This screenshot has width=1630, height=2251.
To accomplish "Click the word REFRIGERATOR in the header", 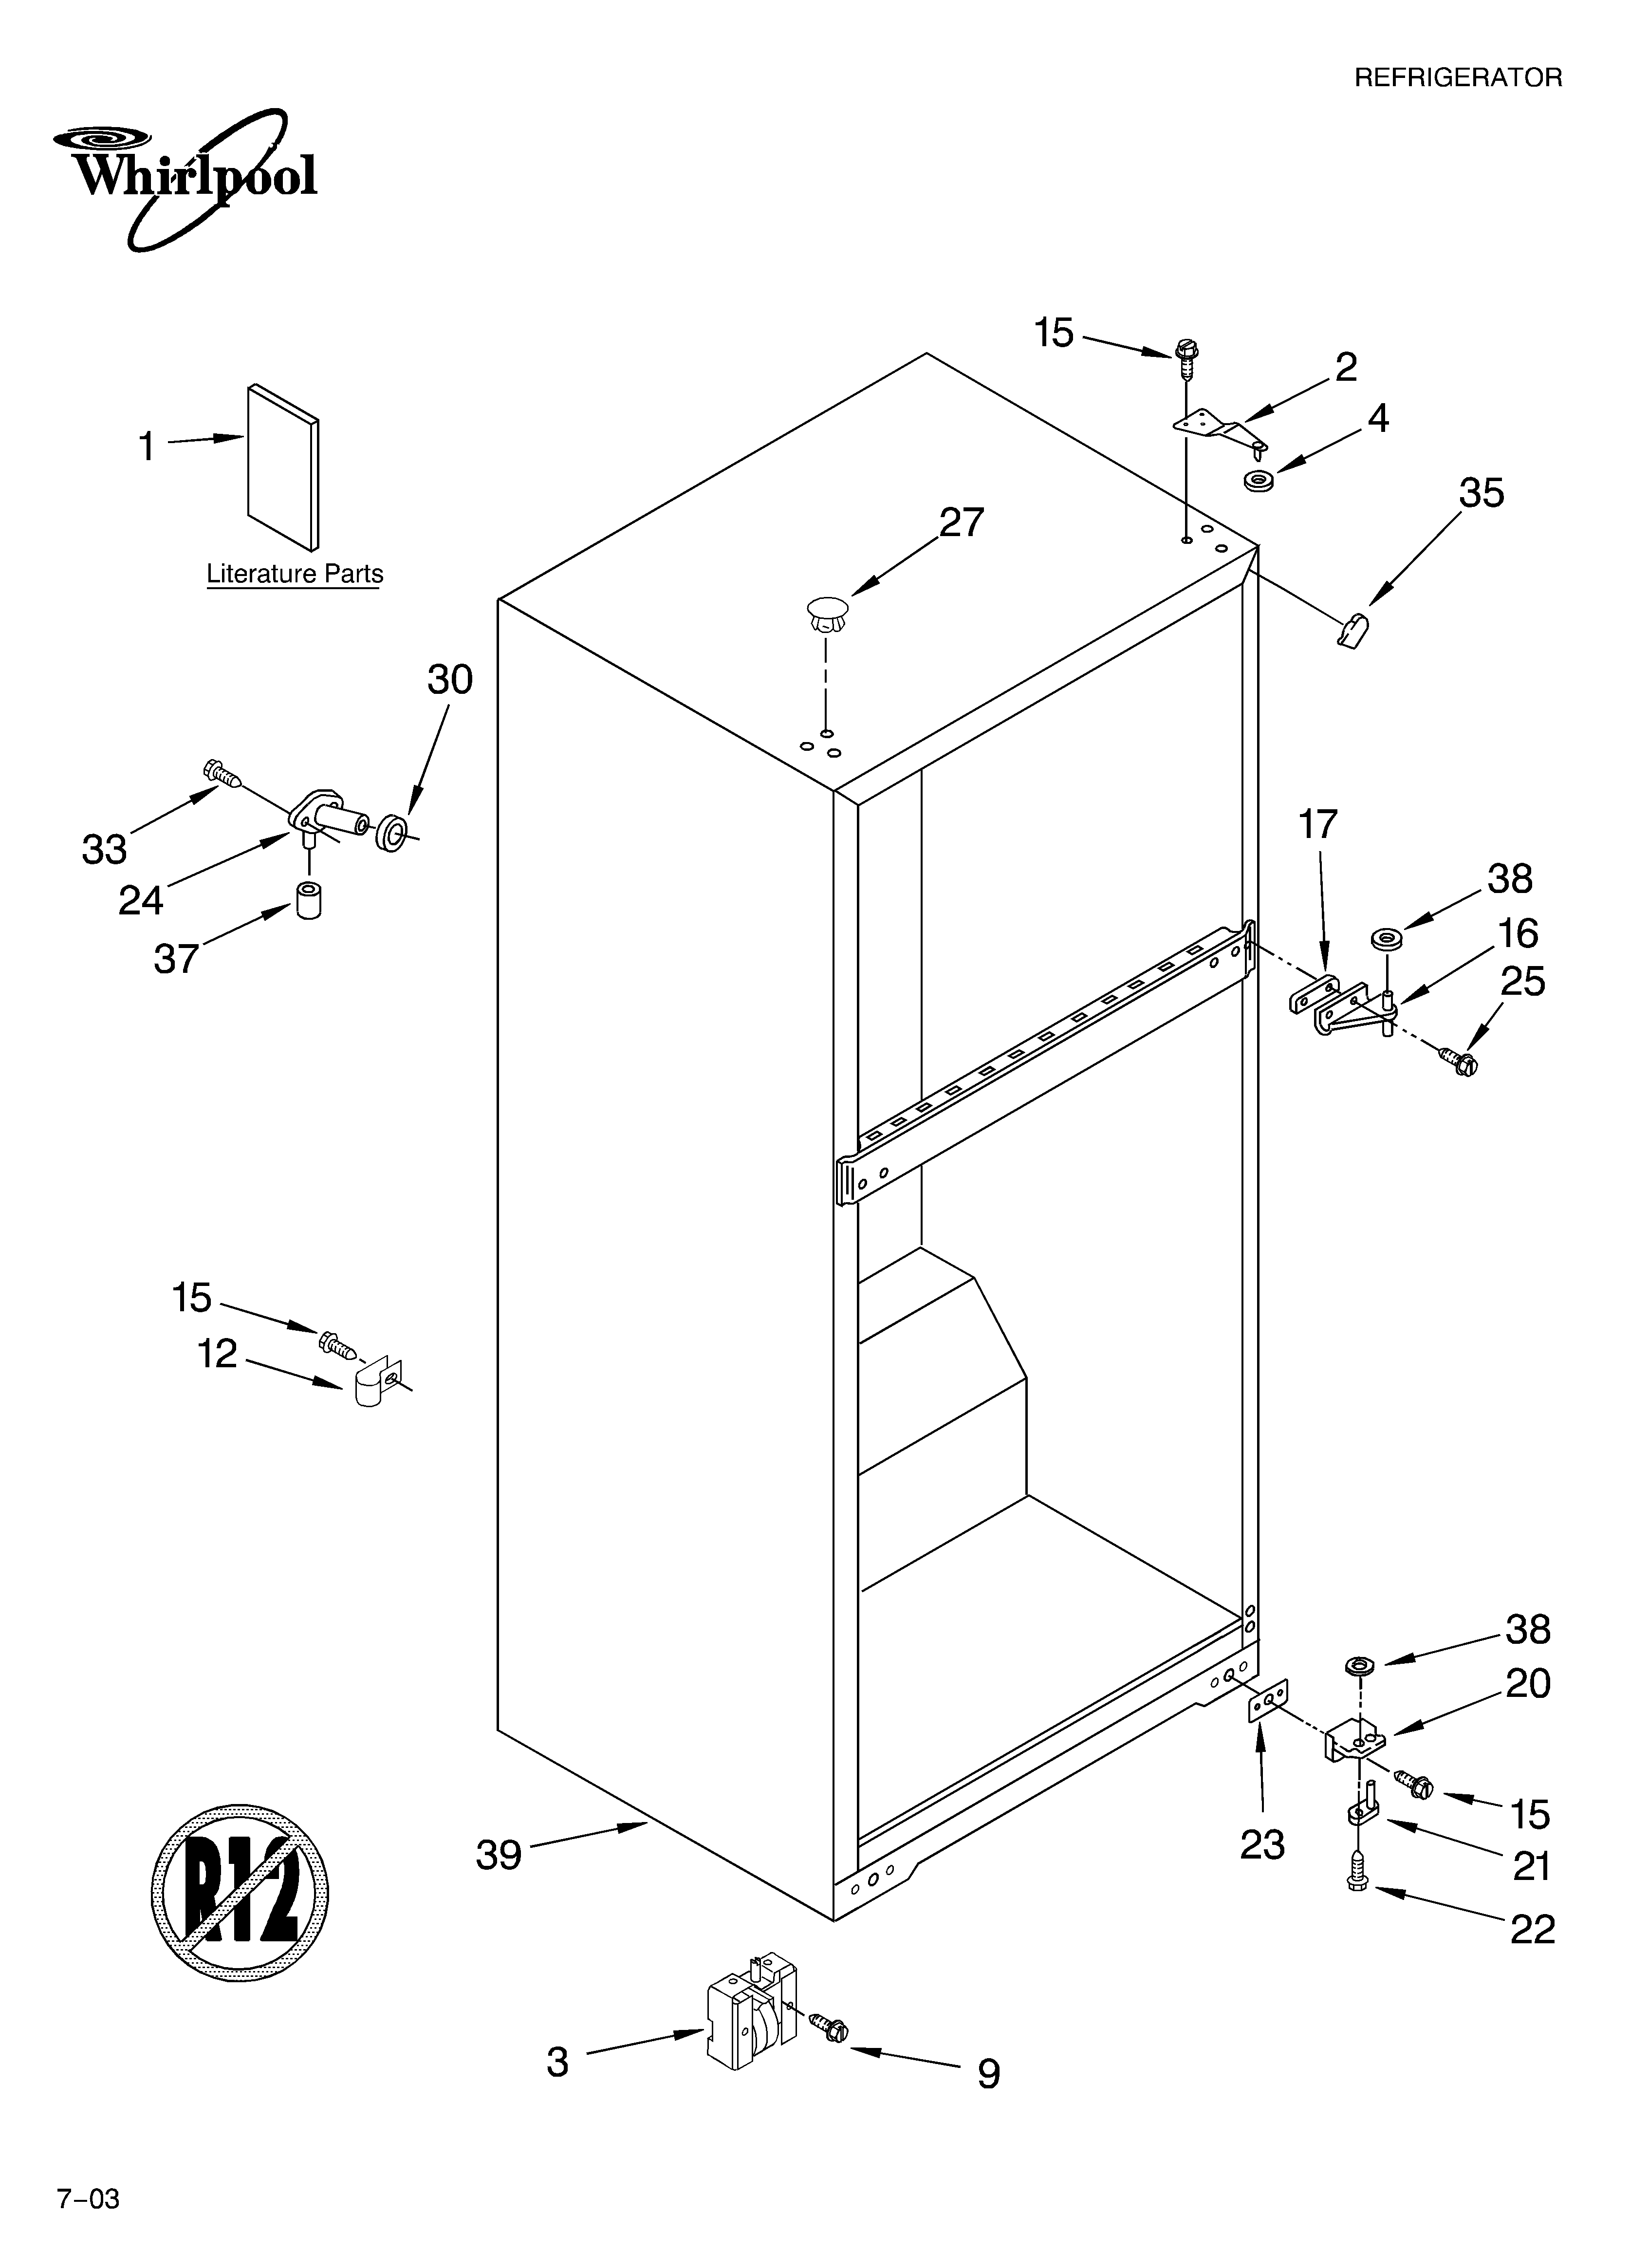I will tap(1457, 78).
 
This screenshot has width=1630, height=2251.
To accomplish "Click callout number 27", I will tap(961, 523).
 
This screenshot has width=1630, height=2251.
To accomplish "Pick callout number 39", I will tap(499, 1855).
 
